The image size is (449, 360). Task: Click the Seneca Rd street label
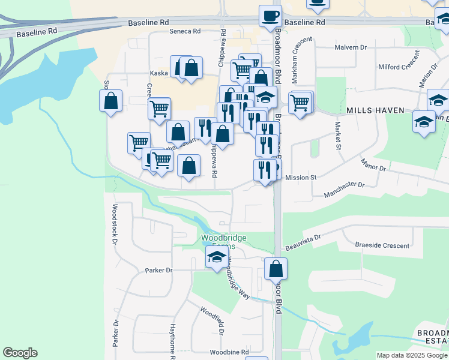pos(184,31)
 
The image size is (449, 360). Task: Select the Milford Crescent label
pos(397,67)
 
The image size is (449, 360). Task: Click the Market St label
pos(338,137)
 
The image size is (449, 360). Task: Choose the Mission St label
pos(301,178)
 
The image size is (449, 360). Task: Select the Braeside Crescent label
pos(382,245)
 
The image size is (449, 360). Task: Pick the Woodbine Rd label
pos(229,352)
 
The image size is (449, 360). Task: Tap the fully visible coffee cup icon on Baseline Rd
pos(270,15)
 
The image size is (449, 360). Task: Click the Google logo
pos(20,353)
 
